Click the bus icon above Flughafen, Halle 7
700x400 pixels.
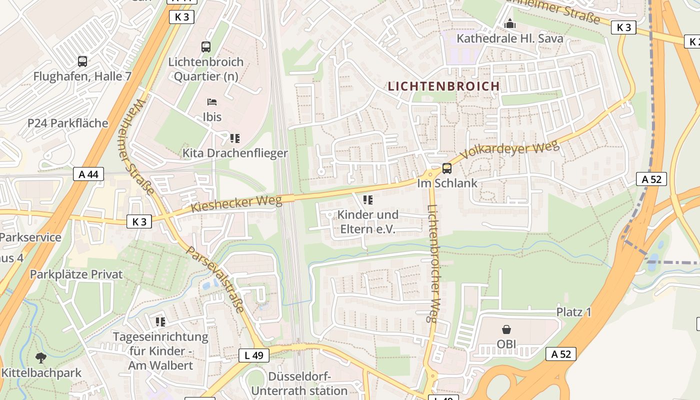click(x=82, y=61)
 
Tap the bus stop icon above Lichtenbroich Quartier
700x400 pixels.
click(x=205, y=47)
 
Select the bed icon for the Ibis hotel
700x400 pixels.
click(x=212, y=102)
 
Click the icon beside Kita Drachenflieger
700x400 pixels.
click(x=234, y=138)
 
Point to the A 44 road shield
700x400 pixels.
click(x=88, y=174)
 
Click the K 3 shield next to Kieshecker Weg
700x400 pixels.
click(x=139, y=221)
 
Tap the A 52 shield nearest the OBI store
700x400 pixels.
click(x=560, y=354)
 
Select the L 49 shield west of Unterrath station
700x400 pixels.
click(x=253, y=355)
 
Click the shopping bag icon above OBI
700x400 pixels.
click(x=506, y=329)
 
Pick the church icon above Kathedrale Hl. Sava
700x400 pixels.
click(x=509, y=23)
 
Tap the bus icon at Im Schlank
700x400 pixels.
click(x=446, y=168)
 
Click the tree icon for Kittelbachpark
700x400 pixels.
click(x=41, y=357)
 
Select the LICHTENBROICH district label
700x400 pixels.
click(x=444, y=86)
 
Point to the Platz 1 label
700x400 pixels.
click(x=573, y=312)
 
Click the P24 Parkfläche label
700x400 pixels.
click(x=67, y=123)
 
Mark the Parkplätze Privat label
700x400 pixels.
click(x=76, y=274)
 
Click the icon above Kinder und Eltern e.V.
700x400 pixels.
click(x=368, y=200)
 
